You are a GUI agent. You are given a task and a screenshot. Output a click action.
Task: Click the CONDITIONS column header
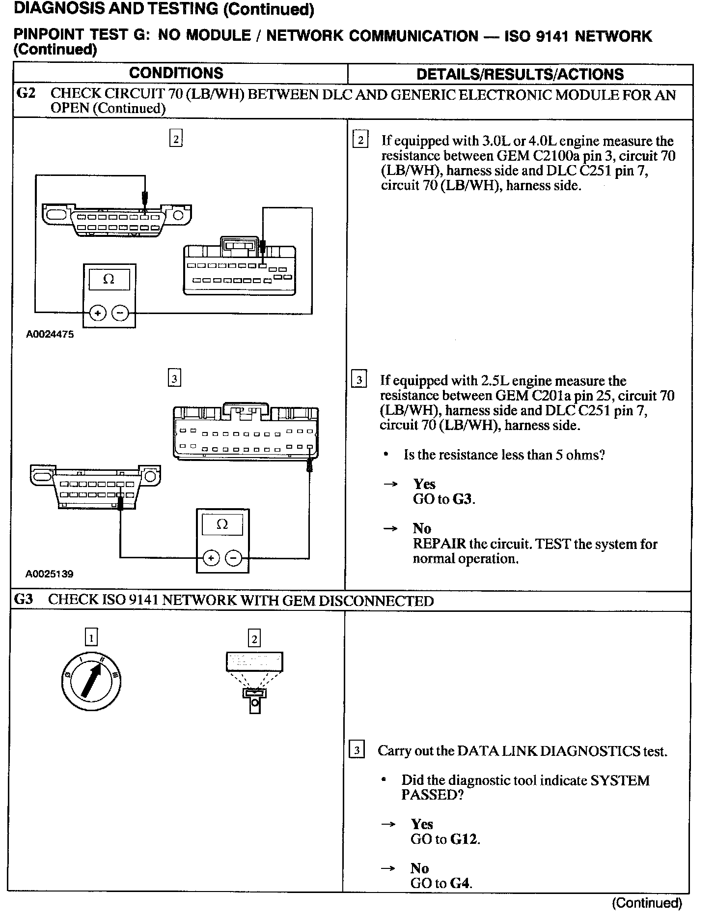(x=176, y=74)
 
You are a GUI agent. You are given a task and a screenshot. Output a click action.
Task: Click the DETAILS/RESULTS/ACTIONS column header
(x=520, y=74)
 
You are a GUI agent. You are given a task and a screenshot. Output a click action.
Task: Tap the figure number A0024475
(x=50, y=334)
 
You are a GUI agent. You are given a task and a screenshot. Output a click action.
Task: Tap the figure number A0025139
(x=50, y=574)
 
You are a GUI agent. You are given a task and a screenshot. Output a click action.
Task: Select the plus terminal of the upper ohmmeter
(x=98, y=313)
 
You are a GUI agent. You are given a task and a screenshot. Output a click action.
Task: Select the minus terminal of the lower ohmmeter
(x=233, y=558)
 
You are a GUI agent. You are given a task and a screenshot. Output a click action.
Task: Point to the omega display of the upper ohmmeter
(x=109, y=279)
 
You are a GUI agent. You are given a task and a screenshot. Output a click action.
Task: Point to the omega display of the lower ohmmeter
(x=222, y=524)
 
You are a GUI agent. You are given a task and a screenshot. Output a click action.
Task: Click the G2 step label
(x=26, y=93)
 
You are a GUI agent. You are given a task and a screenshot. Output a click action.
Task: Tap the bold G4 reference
(x=460, y=883)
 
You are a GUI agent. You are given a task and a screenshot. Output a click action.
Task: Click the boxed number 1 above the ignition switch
(x=91, y=637)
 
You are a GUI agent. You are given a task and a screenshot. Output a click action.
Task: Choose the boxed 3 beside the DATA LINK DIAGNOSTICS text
(x=356, y=750)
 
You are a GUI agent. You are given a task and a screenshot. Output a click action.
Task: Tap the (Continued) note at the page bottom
(x=647, y=902)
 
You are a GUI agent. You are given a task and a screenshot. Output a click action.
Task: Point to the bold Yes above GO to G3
(x=424, y=484)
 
